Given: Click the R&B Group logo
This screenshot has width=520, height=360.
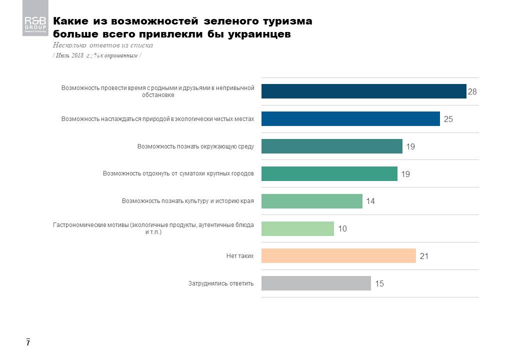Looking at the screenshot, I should (x=35, y=25).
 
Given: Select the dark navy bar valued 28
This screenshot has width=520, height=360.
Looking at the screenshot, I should (x=363, y=91).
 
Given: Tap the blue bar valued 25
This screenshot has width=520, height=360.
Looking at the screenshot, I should (x=350, y=119).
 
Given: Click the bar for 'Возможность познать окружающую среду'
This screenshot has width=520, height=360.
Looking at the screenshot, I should (x=331, y=146).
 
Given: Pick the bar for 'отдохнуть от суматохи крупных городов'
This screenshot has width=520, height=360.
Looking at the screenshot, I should (x=329, y=173).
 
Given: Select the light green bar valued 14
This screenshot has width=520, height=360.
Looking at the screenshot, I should (x=311, y=201).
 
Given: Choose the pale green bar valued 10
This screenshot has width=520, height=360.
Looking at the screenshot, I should (x=297, y=228).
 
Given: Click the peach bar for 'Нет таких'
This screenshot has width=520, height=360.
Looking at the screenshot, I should (x=338, y=256).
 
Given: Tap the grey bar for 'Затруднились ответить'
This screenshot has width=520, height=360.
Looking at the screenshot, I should (x=316, y=283).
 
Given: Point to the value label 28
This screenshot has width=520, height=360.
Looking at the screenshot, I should (x=472, y=92).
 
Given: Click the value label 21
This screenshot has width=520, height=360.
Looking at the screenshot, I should (x=424, y=256).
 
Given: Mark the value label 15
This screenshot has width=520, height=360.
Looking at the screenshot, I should (x=379, y=283).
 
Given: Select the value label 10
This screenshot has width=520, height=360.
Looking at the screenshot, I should (x=342, y=228).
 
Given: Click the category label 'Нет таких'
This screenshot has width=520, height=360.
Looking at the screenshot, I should (x=240, y=256).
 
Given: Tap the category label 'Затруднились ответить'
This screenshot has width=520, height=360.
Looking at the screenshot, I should (x=221, y=283).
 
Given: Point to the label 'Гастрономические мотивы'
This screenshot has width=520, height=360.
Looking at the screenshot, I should (x=153, y=228).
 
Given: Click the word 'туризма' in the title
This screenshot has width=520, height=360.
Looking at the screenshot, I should (x=286, y=21).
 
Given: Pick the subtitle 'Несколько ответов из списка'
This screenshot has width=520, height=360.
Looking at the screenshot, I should (x=103, y=45).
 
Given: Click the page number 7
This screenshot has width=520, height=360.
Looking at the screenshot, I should (x=28, y=343).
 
